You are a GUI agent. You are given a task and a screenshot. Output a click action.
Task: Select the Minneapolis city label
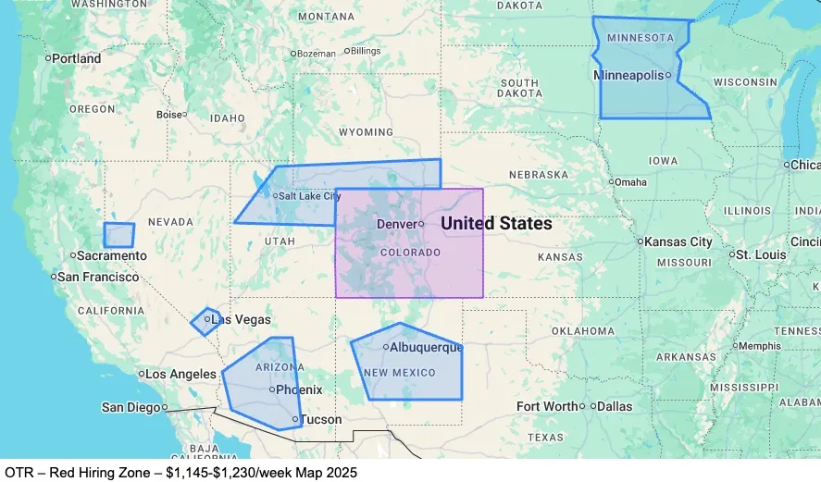pos(628,75)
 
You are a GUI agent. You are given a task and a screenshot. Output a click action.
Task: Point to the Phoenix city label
pos(300,390)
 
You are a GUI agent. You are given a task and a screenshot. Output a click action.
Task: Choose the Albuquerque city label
pos(426,348)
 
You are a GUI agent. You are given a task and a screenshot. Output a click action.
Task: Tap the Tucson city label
pos(321,420)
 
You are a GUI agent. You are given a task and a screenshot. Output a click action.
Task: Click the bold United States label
pos(496,224)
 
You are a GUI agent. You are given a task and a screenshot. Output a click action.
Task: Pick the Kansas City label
pos(679,242)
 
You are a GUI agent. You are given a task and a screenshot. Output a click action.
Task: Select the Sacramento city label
pos(112,255)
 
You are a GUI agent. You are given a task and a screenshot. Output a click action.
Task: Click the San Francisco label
pos(98,277)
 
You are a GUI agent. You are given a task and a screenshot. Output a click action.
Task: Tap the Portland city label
pos(77,58)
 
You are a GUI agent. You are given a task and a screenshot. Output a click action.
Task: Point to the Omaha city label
pos(631,182)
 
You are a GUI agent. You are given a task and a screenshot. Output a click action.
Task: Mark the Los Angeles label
pos(181,375)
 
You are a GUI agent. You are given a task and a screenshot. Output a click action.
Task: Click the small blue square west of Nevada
pos(118,235)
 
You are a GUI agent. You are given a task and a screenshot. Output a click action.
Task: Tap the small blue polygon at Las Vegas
pos(205,322)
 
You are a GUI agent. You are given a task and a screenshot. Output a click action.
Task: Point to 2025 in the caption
pos(339,472)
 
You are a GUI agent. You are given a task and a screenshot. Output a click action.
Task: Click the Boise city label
pos(169,116)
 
